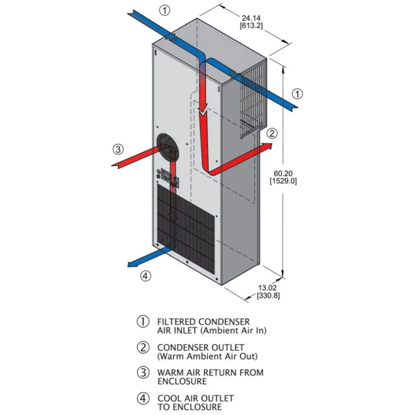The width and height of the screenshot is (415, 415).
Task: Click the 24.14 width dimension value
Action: pyautogui.click(x=251, y=18)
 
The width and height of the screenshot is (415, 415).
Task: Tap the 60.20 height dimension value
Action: pyautogui.click(x=283, y=173)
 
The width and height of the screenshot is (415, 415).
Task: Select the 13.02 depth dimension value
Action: pyautogui.click(x=267, y=288)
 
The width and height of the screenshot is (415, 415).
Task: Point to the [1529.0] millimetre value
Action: pyautogui.click(x=283, y=181)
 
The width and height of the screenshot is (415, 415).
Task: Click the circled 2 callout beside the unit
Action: pyautogui.click(x=272, y=133)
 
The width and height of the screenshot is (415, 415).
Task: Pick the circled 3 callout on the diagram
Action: pyautogui.click(x=118, y=149)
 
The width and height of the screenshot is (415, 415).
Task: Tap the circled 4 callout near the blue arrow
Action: pyautogui.click(x=145, y=276)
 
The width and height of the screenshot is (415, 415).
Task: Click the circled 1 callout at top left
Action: pyautogui.click(x=165, y=10)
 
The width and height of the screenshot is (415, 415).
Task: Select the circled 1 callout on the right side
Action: pyautogui.click(x=297, y=94)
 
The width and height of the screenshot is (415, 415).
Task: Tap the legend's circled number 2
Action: pyautogui.click(x=143, y=347)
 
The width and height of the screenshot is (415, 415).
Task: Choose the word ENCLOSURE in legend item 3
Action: pyautogui.click(x=182, y=381)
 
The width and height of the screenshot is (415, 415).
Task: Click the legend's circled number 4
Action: pyautogui.click(x=143, y=398)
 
